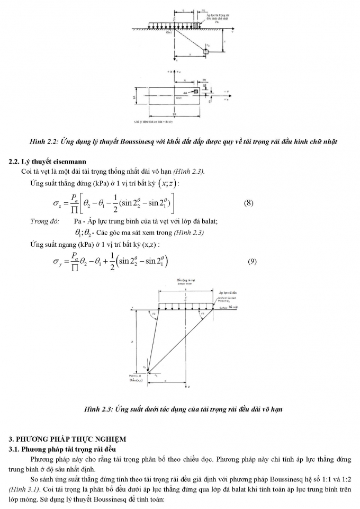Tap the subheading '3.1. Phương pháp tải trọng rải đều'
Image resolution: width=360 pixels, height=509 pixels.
[x=61, y=449]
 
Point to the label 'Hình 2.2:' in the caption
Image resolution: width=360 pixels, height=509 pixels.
[x=45, y=141]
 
